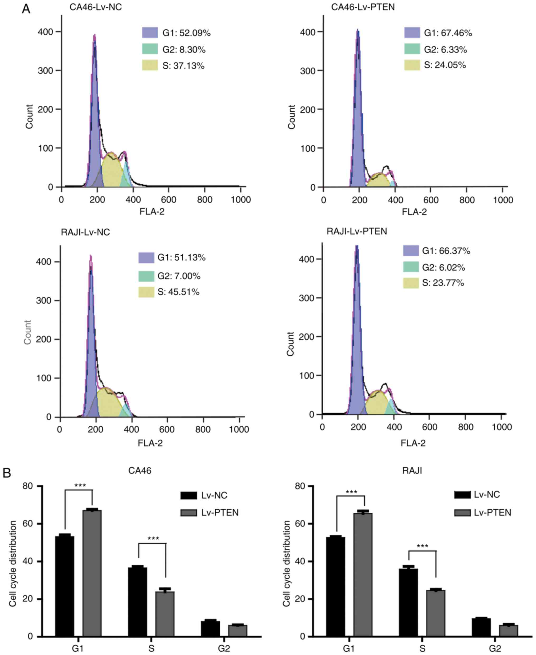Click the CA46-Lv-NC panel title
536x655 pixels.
(95, 7)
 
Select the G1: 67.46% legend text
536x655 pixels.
(448, 33)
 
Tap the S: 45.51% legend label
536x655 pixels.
(178, 292)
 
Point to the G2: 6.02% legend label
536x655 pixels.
(443, 267)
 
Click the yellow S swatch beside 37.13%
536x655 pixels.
(150, 65)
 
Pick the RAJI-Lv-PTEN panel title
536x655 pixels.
(357, 232)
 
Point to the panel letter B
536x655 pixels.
(7, 473)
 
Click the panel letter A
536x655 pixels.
(26, 9)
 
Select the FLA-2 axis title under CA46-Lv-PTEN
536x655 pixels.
(414, 212)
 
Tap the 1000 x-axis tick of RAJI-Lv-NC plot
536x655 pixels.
(239, 430)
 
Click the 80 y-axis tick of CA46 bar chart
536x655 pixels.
(27, 486)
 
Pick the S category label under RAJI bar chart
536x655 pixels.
(422, 648)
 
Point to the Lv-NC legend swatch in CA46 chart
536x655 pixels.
(189, 496)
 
